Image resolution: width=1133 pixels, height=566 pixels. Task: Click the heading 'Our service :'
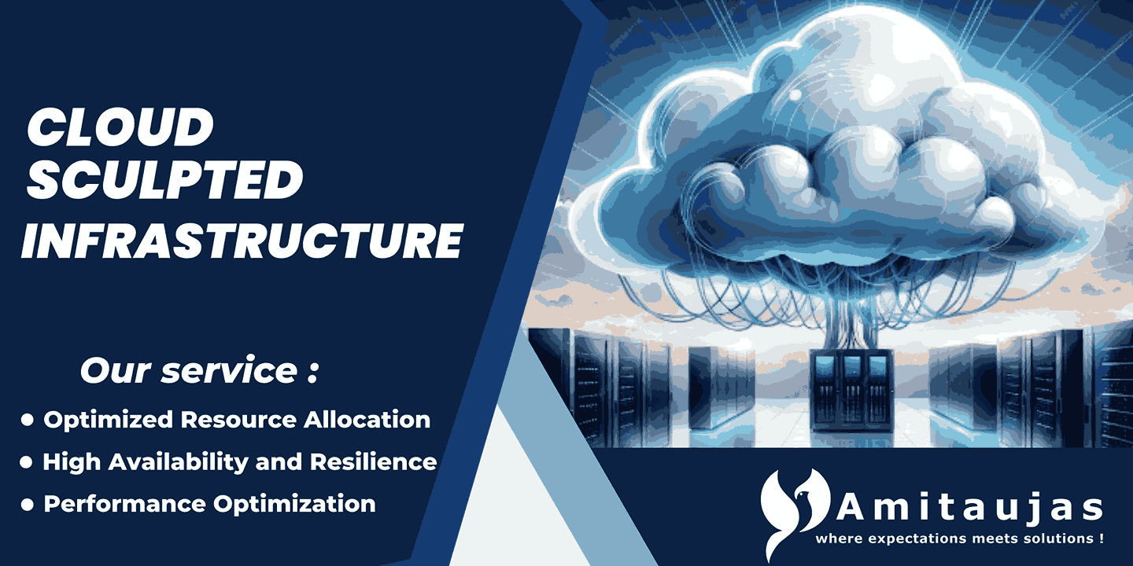coord(199,371)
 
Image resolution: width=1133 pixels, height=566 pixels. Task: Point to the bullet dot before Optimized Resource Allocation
coord(28,421)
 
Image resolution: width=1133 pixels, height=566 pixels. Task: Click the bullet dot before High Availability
coord(28,462)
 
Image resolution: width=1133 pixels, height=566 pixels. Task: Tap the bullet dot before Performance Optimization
coord(28,505)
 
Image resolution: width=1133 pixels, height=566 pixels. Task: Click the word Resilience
coord(373,461)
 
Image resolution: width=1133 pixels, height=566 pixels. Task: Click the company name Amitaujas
coord(969,509)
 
